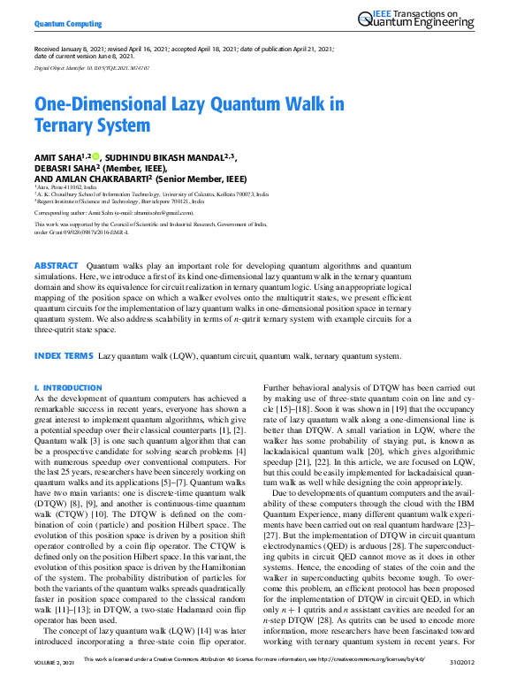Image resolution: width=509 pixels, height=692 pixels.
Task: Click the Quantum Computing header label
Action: click(66, 21)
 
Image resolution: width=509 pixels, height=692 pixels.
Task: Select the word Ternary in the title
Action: click(69, 125)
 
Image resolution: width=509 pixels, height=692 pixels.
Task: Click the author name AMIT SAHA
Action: click(57, 157)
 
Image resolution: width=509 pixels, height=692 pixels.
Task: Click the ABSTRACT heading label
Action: click(56, 265)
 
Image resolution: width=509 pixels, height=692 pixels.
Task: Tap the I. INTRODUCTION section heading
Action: click(68, 388)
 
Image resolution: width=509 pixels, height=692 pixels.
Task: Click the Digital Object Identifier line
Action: click(92, 67)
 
